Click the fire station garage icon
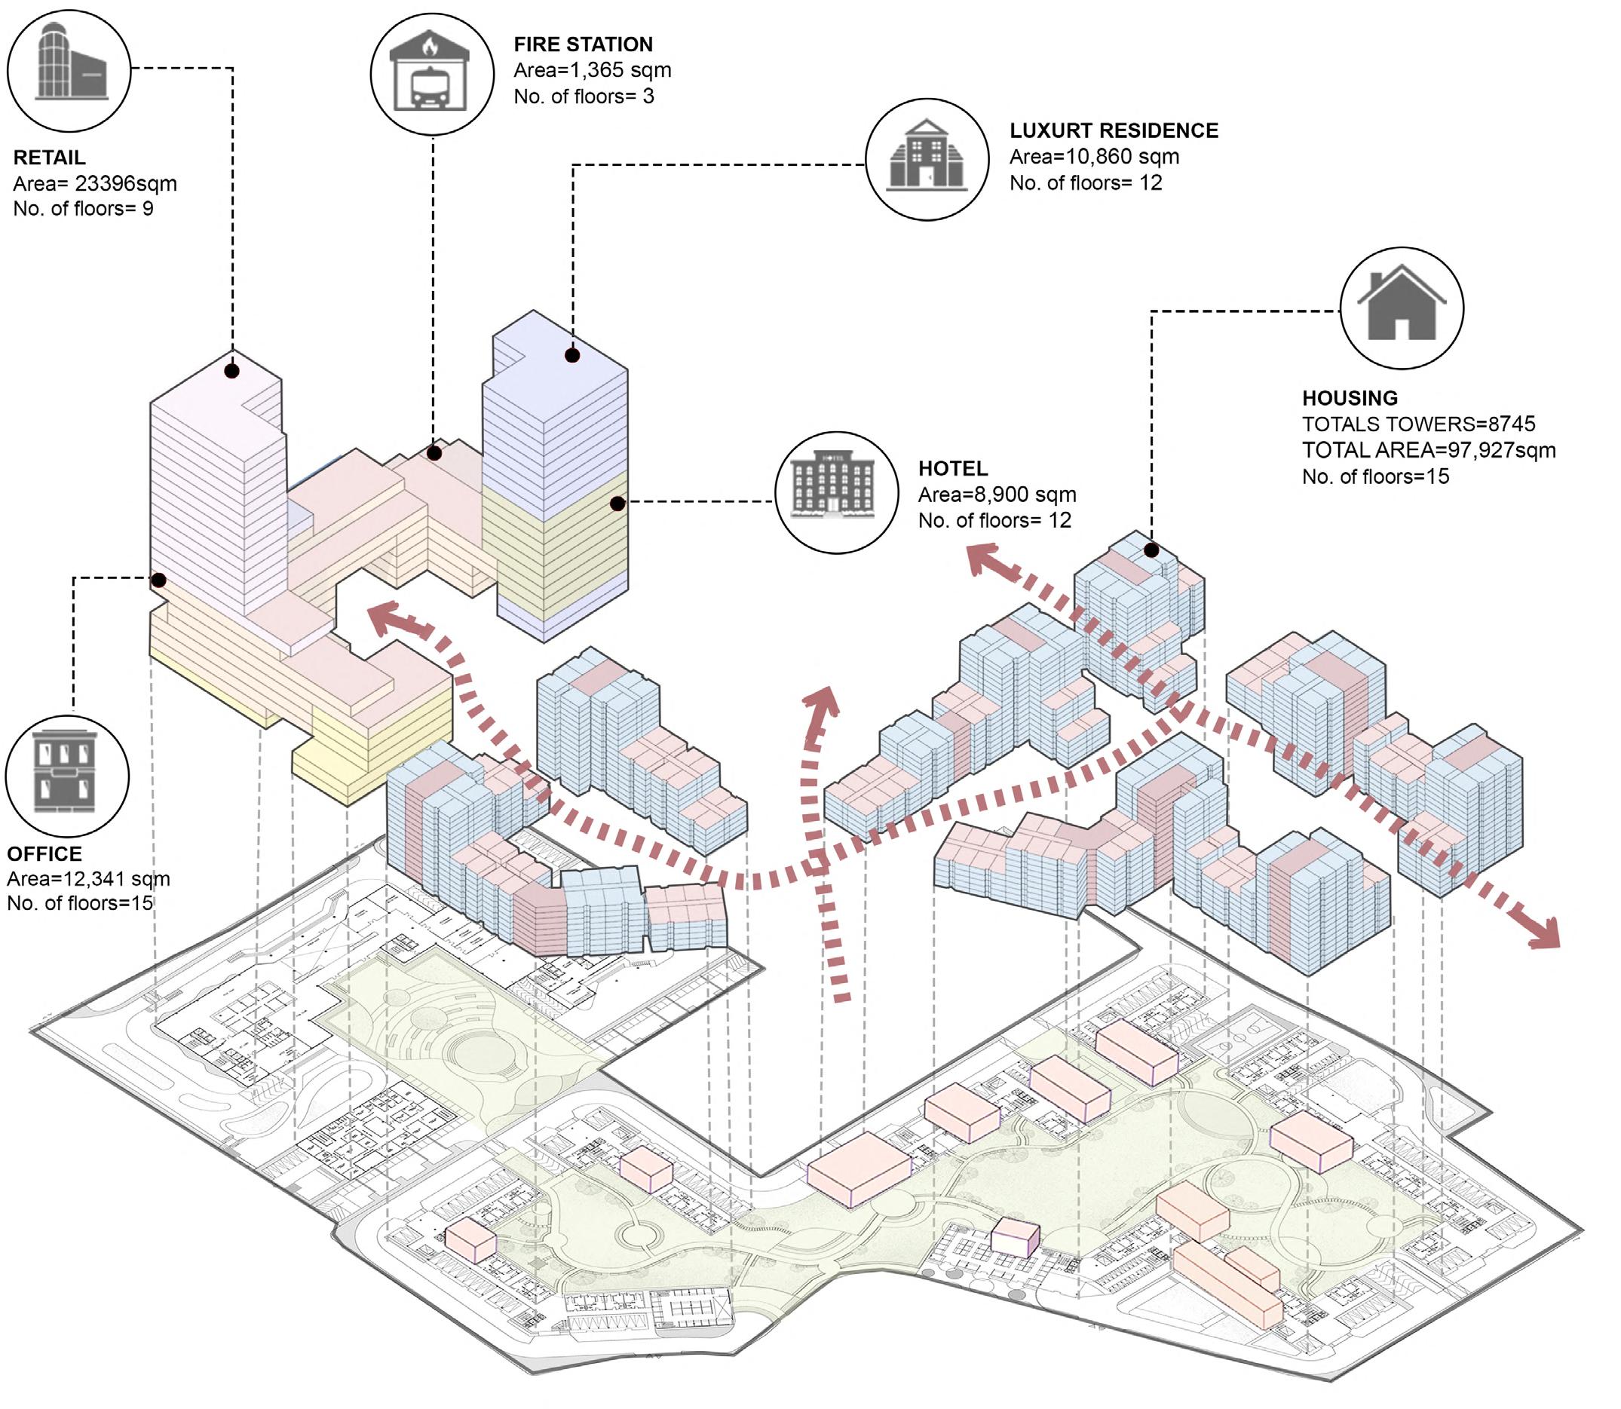coord(431,73)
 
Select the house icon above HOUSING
coord(1401,308)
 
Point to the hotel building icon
coord(835,492)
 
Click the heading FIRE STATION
coord(583,44)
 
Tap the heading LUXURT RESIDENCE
coord(1113,130)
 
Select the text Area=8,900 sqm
coord(997,495)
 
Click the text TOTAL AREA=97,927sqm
coord(1428,451)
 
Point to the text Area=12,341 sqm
coord(88,879)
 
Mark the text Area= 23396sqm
coord(94,184)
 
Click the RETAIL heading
coord(50,158)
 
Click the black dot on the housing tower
coord(1151,550)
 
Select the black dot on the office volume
coord(159,580)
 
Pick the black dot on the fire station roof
coord(434,453)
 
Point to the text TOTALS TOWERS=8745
coord(1418,424)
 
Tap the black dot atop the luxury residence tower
coord(572,355)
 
